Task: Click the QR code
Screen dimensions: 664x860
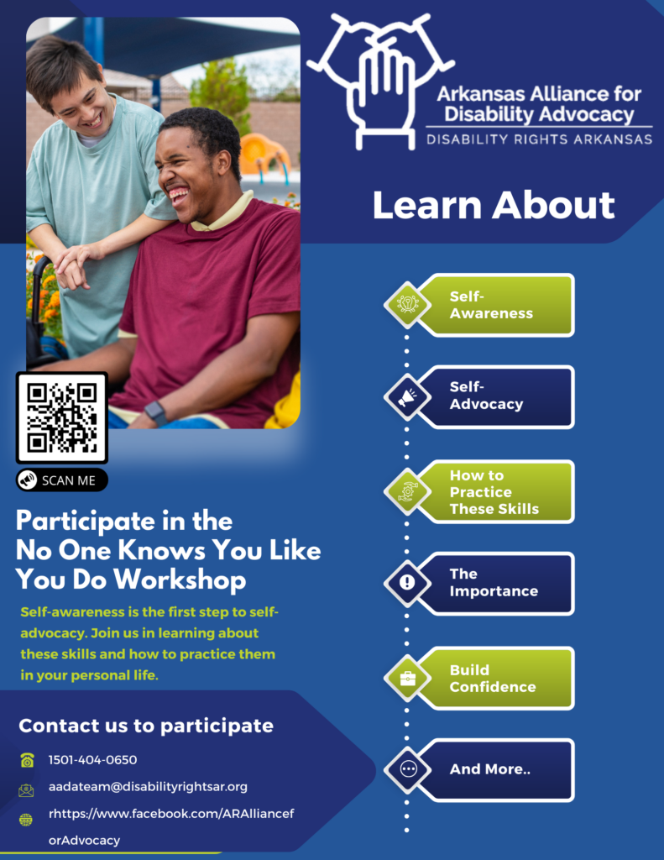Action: (62, 417)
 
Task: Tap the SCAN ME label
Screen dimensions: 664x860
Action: (62, 480)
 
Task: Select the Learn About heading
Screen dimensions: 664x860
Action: (494, 205)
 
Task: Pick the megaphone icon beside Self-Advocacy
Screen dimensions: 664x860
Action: (407, 397)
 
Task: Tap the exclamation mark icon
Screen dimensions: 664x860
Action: (407, 583)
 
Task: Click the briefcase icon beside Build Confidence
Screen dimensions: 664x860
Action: (407, 679)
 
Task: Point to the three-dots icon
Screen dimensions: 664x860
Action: (408, 769)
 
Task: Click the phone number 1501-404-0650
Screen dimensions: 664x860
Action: (92, 759)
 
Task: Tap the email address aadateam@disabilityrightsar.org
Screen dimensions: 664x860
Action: (148, 786)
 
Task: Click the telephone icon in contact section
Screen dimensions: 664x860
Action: (27, 760)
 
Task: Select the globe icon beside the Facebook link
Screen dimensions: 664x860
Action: (26, 820)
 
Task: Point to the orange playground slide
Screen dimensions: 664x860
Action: (264, 153)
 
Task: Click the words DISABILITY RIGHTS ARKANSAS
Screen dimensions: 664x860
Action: (540, 139)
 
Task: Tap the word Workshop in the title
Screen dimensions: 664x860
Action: (180, 579)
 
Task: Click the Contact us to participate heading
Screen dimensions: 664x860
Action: (146, 726)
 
